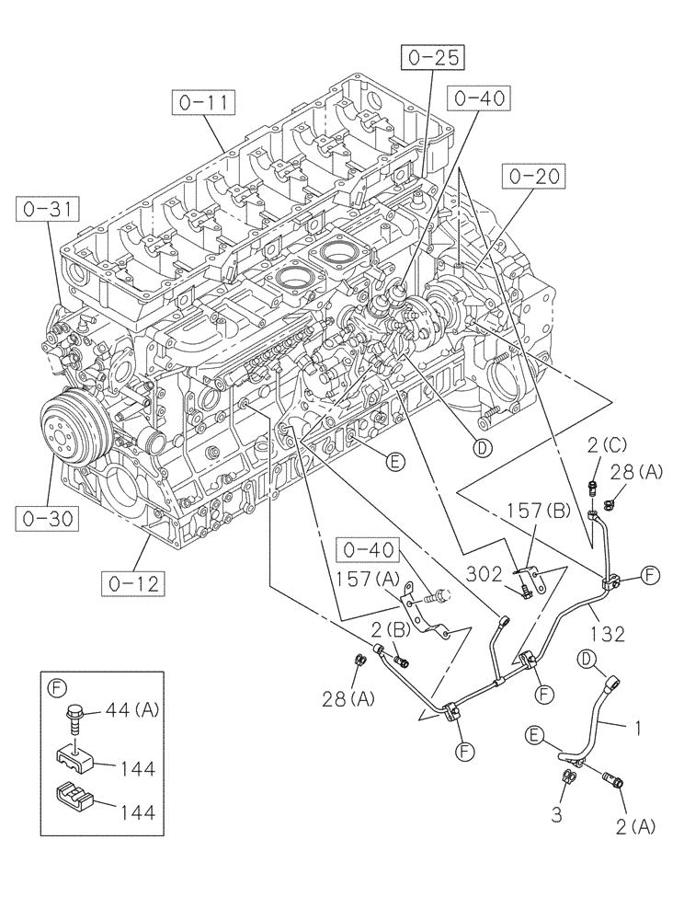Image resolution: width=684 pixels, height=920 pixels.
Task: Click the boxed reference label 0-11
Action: tap(203, 103)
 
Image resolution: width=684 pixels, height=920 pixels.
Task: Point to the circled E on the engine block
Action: tap(394, 463)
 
